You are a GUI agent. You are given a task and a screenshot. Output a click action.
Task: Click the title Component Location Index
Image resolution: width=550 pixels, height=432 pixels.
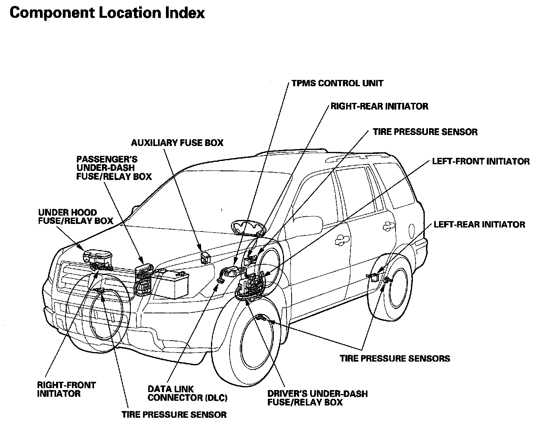[x=107, y=13]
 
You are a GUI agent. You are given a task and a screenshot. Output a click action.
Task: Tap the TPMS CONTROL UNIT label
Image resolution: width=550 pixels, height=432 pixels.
[x=337, y=83]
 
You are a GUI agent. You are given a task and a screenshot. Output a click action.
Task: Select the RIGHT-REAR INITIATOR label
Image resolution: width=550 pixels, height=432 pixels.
[x=379, y=106]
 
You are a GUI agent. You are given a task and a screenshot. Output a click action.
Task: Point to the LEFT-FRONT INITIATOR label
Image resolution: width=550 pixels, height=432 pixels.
[x=480, y=161]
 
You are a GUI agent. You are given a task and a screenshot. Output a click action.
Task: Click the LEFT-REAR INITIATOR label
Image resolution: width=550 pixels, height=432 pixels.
[x=479, y=225]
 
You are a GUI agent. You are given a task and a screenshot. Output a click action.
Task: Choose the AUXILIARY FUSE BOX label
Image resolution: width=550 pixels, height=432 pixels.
[x=177, y=143]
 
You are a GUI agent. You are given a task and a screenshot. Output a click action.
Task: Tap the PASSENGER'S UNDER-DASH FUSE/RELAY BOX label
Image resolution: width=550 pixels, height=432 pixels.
[x=114, y=168]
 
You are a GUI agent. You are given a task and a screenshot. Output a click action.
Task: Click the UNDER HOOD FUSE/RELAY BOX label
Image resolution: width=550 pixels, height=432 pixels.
[x=75, y=217]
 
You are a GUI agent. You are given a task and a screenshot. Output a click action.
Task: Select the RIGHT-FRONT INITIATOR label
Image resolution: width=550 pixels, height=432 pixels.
[x=66, y=389]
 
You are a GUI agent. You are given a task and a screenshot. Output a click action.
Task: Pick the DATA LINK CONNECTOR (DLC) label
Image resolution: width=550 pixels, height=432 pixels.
[x=187, y=394]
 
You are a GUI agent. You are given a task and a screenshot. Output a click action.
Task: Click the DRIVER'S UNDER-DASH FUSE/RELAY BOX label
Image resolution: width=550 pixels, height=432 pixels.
[x=317, y=398]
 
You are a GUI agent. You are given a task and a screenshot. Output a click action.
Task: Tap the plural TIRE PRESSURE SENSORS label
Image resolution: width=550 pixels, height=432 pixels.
[x=395, y=359]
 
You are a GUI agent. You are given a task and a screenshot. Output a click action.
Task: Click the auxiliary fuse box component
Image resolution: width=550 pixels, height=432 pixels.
[x=206, y=257]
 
